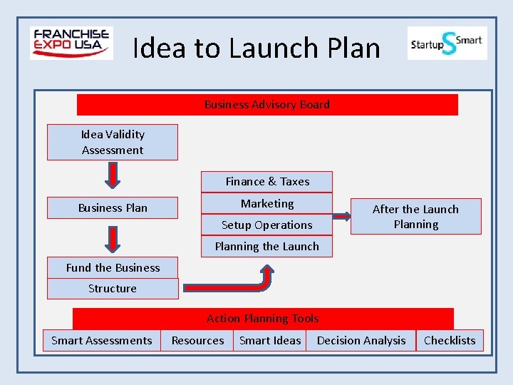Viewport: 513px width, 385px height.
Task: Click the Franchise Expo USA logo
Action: (x=71, y=43)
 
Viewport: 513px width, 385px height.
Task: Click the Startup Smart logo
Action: (x=447, y=43)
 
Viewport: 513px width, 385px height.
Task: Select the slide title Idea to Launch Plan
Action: (x=256, y=48)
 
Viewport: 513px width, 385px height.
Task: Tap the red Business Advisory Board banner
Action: (x=267, y=105)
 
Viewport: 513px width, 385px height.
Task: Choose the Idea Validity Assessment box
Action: (x=113, y=142)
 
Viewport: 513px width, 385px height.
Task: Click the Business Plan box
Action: (x=113, y=208)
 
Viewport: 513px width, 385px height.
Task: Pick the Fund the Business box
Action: (x=113, y=268)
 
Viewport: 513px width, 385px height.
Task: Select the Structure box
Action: (x=113, y=289)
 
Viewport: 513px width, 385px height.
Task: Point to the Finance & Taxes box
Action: (x=267, y=182)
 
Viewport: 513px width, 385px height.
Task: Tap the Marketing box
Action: (x=267, y=203)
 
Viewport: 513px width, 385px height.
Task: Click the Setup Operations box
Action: (x=267, y=225)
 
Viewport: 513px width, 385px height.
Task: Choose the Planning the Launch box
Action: (x=267, y=246)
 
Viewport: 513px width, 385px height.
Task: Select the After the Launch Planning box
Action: (x=416, y=216)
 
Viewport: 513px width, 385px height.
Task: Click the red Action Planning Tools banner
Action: (x=263, y=319)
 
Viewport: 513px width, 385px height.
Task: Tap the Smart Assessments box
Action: (x=102, y=341)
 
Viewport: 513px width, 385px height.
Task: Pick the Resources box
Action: (x=197, y=341)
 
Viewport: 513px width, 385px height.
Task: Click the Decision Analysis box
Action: (x=361, y=341)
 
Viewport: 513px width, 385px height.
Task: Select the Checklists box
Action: (x=450, y=341)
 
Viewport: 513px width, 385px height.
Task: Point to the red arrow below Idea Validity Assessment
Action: (x=113, y=175)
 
